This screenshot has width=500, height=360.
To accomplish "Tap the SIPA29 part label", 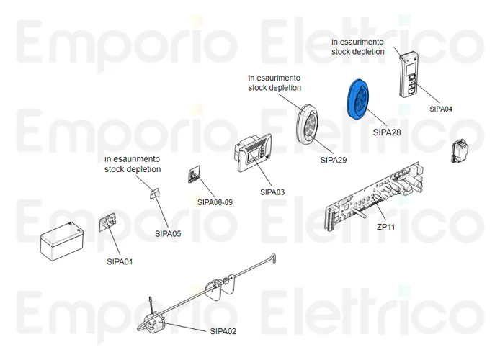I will click(x=334, y=160).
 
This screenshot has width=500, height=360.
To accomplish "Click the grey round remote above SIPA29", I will click(x=309, y=123).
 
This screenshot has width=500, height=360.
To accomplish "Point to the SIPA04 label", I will click(x=440, y=109).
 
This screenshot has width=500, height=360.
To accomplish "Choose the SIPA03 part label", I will click(x=272, y=192).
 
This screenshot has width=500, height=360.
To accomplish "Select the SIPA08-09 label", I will click(x=215, y=202).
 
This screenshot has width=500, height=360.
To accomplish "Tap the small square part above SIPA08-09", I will click(x=194, y=175).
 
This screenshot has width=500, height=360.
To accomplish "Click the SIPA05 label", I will click(x=168, y=233).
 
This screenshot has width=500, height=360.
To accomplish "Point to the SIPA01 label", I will click(x=120, y=261).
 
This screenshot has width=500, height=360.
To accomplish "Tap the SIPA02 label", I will click(x=223, y=331).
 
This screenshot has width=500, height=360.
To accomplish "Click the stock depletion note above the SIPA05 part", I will click(x=133, y=164).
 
